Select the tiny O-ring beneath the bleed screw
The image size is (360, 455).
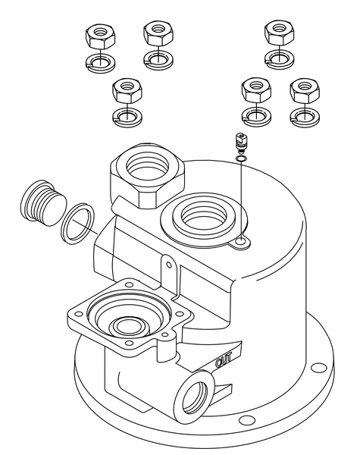click(240, 158)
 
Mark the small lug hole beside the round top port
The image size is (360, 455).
click(241, 242)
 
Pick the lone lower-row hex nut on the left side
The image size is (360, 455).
click(124, 93)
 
